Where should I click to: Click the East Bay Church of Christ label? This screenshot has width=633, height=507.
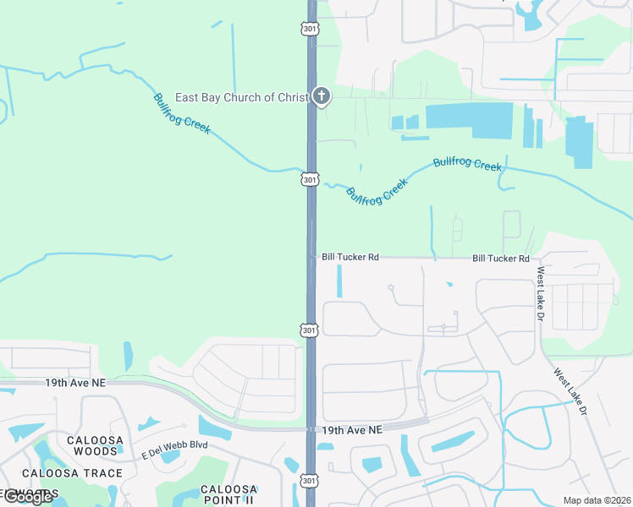point(241,97)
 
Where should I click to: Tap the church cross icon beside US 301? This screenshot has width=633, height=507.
point(321,96)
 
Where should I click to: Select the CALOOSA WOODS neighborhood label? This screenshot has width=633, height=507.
point(96,445)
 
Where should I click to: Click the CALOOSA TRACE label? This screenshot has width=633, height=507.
point(72,473)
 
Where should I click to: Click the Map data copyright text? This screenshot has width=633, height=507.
point(597,500)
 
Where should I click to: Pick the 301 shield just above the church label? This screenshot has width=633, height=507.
point(311,30)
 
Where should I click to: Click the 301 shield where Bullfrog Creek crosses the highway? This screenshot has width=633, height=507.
point(311,179)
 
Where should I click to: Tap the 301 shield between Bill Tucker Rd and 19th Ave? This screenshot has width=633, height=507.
point(311,330)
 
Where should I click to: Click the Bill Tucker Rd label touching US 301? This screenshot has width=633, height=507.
point(350,257)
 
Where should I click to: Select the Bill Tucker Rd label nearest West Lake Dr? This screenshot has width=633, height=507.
point(501,258)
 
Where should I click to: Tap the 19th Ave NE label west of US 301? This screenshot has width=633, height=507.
point(76,383)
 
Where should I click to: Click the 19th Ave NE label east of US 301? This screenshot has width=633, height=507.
point(352,430)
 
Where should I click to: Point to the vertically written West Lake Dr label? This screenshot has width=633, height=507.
point(540,293)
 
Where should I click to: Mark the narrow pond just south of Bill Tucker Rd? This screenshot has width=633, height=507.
point(339,281)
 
